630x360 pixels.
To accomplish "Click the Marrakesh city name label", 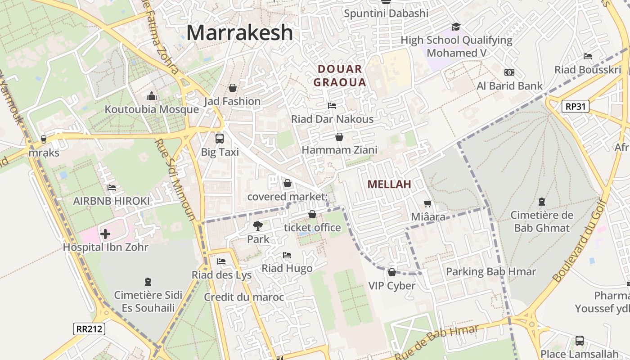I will click(x=239, y=33).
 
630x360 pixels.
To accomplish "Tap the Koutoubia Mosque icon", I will click(x=152, y=96).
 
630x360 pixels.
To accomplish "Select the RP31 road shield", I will click(x=576, y=106).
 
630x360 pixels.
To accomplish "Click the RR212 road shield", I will click(x=89, y=328).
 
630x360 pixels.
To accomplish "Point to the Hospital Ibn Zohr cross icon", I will click(x=105, y=234).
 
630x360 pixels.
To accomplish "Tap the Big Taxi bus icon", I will click(x=220, y=139).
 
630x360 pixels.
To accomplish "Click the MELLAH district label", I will click(x=389, y=184).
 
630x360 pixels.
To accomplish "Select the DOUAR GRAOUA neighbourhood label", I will click(x=340, y=76).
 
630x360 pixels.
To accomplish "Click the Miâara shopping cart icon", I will click(x=428, y=204).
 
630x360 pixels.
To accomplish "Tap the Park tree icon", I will click(x=258, y=226).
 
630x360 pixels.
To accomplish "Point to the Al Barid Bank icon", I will click(x=509, y=72).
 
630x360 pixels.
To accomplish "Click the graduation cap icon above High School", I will click(x=456, y=27).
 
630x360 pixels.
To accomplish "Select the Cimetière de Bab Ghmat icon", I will click(x=542, y=202).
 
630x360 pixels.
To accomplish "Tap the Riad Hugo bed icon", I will click(x=287, y=256).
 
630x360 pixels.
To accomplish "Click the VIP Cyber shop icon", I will click(x=392, y=272).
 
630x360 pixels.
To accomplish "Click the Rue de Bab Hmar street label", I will click(x=436, y=342).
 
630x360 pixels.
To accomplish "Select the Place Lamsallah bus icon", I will click(x=580, y=341).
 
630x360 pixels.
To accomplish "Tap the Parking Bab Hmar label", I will click(x=491, y=272).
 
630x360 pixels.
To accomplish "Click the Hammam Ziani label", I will click(x=340, y=150).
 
